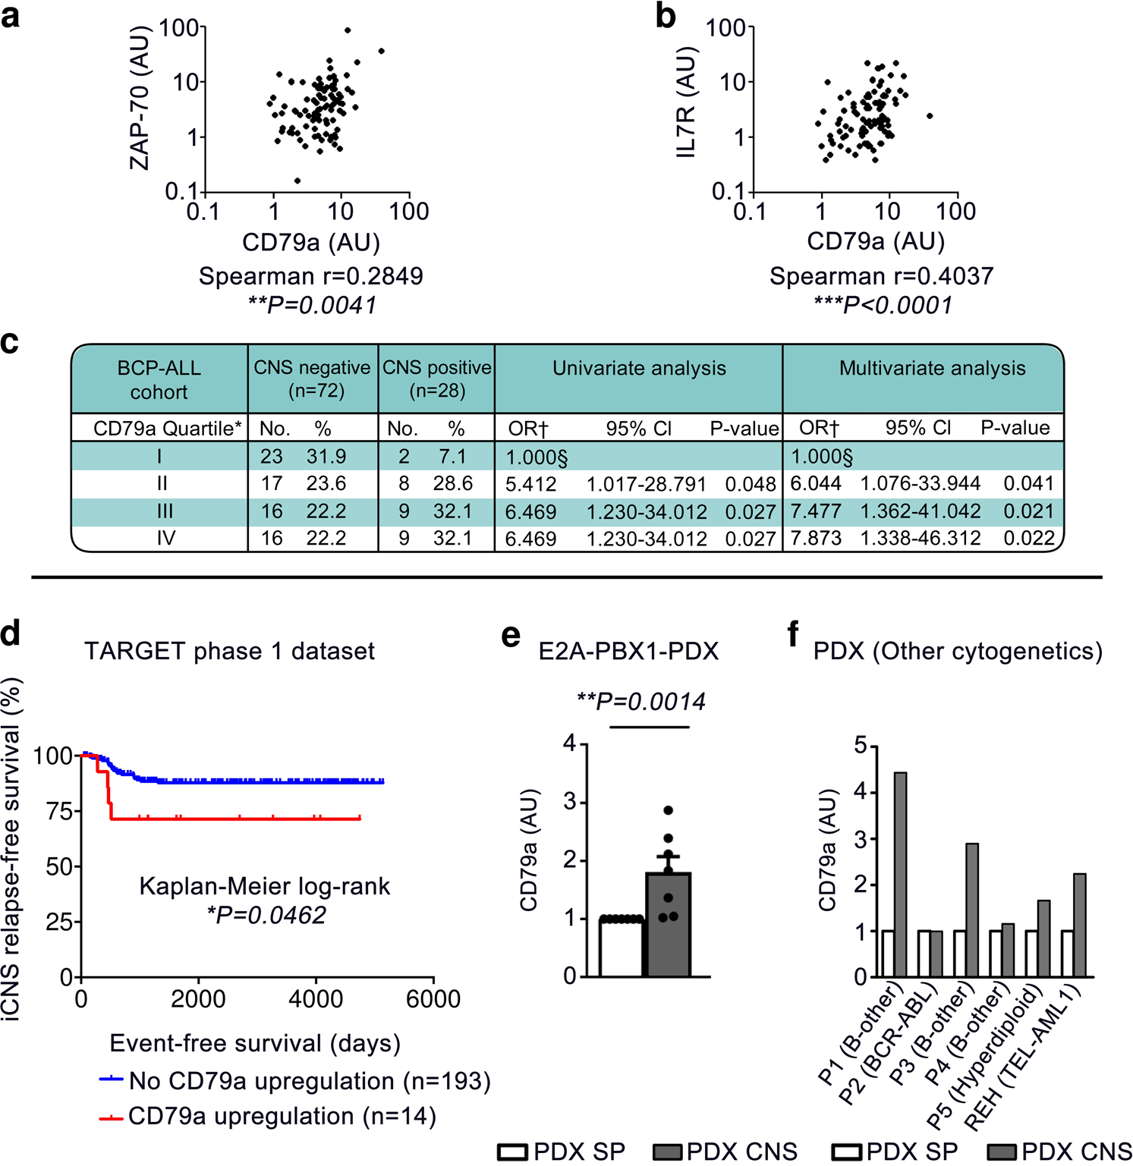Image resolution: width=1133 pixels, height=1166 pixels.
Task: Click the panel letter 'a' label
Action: pos(11,17)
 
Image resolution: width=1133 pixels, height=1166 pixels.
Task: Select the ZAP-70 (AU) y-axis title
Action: pos(140,98)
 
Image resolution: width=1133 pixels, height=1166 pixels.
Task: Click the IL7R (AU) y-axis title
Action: pos(686,102)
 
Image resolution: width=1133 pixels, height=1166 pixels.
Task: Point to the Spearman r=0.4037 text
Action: pos(881,276)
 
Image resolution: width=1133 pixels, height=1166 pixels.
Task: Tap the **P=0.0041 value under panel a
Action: pos(311,305)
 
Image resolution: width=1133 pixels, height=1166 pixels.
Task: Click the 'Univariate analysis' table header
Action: pos(639,369)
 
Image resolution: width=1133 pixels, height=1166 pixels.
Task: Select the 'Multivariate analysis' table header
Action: pos(932,369)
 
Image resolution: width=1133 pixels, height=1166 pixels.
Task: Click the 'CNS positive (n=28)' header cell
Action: pos(436,379)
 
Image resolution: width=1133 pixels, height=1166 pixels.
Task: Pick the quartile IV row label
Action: pos(165,539)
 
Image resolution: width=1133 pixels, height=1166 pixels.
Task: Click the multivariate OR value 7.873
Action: pos(816,539)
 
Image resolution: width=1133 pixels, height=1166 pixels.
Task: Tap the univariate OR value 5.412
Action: pos(530,484)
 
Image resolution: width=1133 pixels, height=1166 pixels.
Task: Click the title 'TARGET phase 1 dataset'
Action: pos(229,651)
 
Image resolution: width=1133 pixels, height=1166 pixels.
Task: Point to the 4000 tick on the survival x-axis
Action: pos(316,999)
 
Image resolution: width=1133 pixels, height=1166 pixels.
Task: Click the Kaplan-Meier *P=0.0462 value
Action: pos(266,916)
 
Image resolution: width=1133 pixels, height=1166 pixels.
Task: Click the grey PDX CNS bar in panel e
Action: pos(668,926)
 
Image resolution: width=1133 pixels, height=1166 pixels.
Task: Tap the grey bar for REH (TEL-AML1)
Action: pos(1079,925)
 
